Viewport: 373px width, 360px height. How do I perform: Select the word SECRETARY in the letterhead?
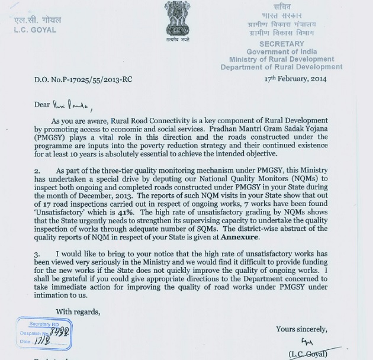coord(281,44)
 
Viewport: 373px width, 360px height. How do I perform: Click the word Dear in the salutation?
coord(42,105)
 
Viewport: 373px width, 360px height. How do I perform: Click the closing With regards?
coord(78,311)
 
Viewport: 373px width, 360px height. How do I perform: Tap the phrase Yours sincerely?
coord(301,329)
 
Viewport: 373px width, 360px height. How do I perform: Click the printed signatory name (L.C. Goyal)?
coord(310,354)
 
